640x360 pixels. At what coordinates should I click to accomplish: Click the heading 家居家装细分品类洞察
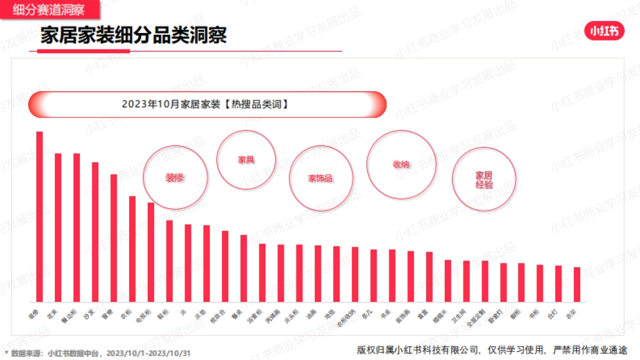point(133,35)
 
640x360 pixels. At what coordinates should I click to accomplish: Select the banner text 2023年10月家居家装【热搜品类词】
point(205,105)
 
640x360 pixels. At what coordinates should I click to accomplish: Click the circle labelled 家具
point(246,159)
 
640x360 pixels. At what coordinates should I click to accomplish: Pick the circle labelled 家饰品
point(321,178)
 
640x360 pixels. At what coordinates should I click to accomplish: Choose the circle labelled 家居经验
point(484,180)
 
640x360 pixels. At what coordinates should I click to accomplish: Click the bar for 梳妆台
point(225,266)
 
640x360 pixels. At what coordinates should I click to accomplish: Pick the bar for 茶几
point(373,276)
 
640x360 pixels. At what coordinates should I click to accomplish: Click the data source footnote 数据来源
point(99,353)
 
